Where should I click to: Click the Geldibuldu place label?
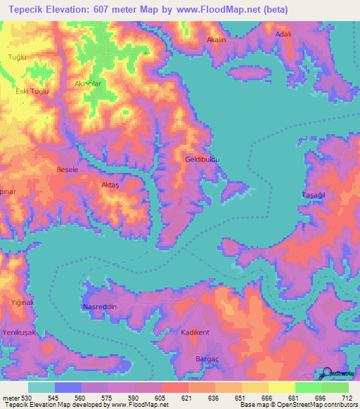(202, 160)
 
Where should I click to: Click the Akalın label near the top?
(216, 40)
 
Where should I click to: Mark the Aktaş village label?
(111, 184)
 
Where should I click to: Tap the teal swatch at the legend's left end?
(41, 387)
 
